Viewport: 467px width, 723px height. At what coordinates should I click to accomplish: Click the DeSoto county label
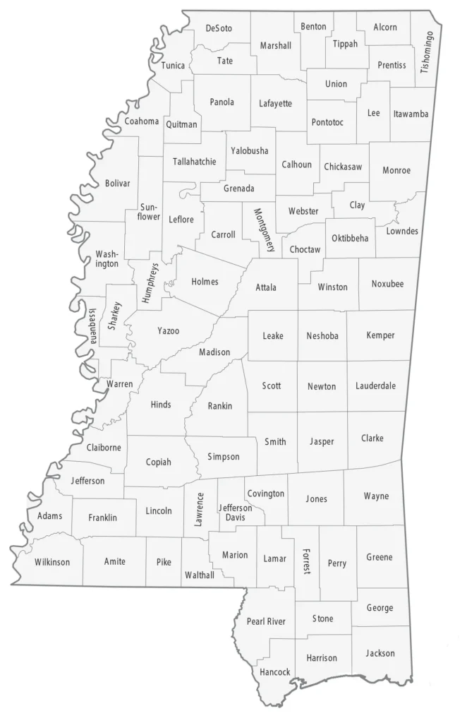(219, 28)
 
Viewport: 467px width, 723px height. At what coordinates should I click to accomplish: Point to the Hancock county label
(274, 671)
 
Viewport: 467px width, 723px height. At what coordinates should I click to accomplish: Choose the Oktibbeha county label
(350, 238)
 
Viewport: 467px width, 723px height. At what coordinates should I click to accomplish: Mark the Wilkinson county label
(52, 562)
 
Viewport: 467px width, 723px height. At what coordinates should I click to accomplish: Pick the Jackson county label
(380, 653)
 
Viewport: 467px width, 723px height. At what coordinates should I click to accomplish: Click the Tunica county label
(173, 66)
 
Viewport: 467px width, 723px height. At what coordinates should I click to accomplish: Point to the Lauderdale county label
(375, 386)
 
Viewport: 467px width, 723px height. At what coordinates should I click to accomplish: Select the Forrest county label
(305, 561)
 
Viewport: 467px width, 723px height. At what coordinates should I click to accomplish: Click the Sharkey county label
(115, 316)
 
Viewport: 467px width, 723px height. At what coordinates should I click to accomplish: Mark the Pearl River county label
(266, 621)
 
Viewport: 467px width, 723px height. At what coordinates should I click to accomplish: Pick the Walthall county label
(199, 575)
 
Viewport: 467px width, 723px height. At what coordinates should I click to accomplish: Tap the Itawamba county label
(411, 114)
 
